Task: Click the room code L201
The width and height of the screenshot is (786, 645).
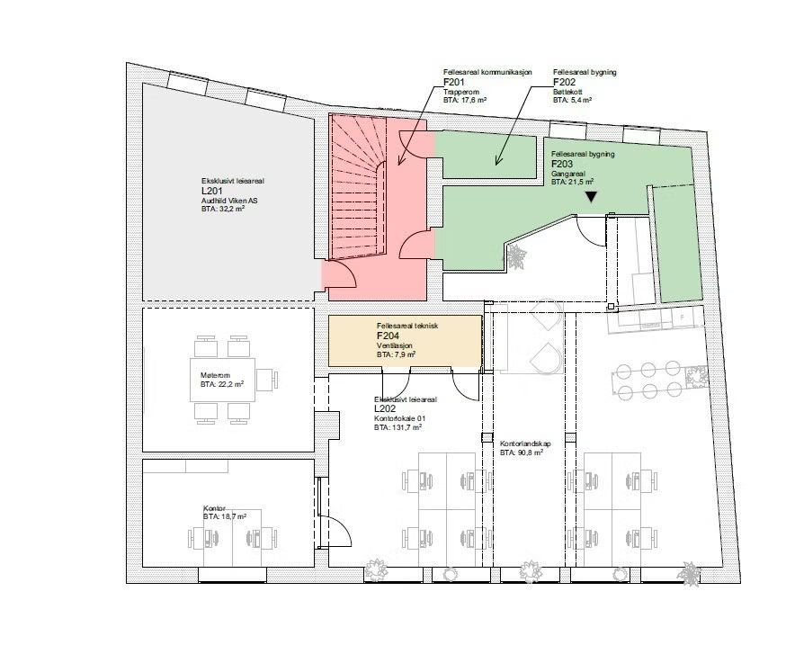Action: pos(212,191)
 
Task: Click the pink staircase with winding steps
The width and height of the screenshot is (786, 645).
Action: pos(360,189)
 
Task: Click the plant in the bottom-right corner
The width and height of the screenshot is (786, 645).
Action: pos(690,573)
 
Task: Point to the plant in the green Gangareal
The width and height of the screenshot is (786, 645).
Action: pos(516,258)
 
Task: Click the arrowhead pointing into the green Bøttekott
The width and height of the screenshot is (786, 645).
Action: pos(496,163)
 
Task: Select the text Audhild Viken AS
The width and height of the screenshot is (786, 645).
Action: pos(230,201)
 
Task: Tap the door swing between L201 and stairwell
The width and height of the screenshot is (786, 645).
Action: pos(333,273)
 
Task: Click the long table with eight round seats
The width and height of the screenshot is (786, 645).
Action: pos(648,381)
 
